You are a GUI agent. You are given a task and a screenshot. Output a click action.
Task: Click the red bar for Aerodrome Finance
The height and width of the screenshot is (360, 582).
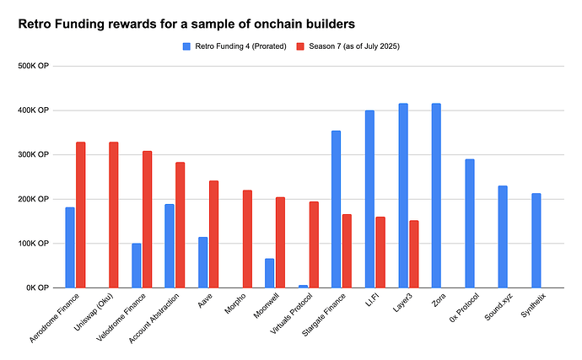[x=81, y=215]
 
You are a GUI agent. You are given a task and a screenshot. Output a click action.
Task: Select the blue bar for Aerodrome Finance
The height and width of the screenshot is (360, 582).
[x=70, y=247]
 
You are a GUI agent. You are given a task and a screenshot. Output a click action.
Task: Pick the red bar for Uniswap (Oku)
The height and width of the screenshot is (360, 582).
[x=114, y=215]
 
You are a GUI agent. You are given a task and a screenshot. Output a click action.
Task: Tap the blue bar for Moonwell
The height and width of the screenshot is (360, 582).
[x=270, y=273]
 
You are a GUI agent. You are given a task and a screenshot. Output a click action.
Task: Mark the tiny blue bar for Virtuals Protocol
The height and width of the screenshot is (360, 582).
[x=303, y=286]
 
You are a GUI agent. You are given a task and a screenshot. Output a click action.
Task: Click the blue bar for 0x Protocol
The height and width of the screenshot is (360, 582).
[x=469, y=223]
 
